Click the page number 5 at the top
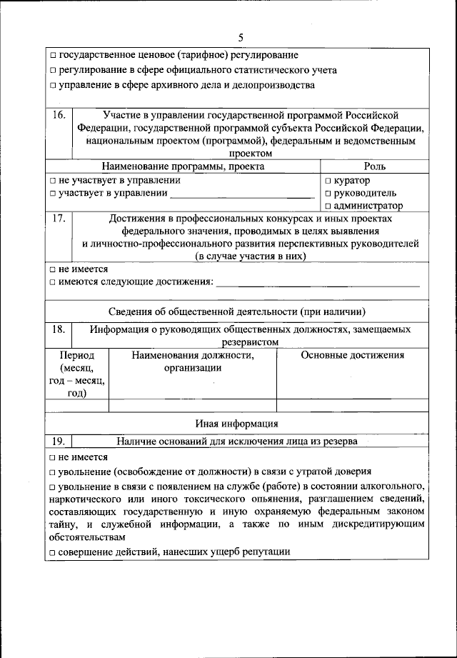(x=241, y=37)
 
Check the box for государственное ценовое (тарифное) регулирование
(x=54, y=56)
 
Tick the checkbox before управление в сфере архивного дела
(x=54, y=86)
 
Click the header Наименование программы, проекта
(x=183, y=166)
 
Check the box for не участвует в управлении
(x=54, y=181)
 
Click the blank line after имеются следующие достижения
(x=318, y=284)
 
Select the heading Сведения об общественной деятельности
(x=237, y=311)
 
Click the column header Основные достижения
(x=353, y=355)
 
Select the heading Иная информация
(x=237, y=423)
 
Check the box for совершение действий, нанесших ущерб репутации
(x=54, y=552)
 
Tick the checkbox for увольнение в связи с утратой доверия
(x=54, y=472)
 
